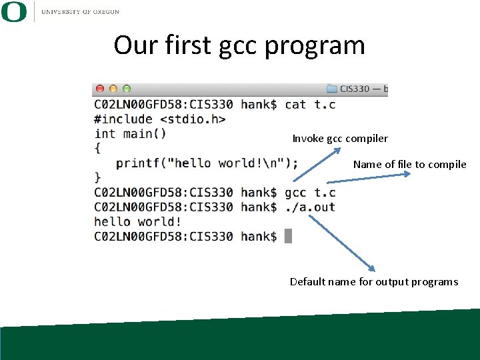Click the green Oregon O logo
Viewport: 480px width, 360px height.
tap(14, 11)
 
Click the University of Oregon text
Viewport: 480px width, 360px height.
tap(80, 11)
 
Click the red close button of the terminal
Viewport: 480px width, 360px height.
tap(100, 89)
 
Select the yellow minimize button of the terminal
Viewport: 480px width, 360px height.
tap(113, 89)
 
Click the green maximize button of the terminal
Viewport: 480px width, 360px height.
tap(127, 89)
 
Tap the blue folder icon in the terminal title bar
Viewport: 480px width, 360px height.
tap(331, 89)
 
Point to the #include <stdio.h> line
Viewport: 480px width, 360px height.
tap(159, 119)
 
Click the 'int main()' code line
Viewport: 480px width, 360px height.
tap(130, 133)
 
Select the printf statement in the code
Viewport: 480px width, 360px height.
tap(207, 163)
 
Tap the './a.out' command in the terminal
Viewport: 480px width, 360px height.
tap(310, 207)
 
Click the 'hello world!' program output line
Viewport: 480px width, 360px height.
tap(137, 222)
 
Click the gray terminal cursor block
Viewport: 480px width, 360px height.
tap(289, 236)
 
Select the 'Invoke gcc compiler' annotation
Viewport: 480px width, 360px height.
tap(340, 139)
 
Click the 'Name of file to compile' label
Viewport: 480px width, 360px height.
tap(409, 165)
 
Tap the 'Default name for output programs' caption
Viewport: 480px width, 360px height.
tap(374, 282)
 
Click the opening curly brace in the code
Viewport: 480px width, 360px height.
tap(97, 148)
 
